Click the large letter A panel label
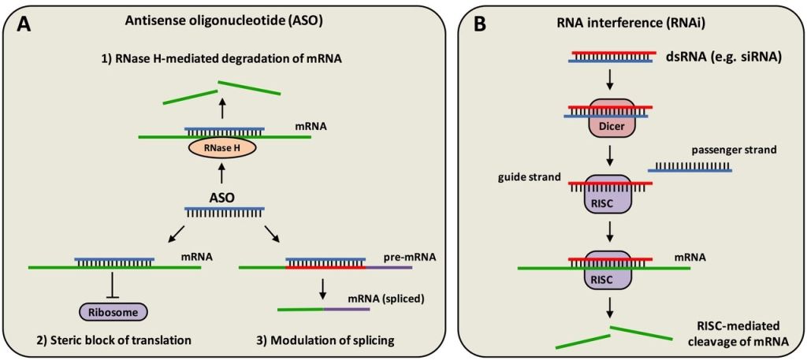point(24,24)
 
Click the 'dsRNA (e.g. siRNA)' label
point(716,56)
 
